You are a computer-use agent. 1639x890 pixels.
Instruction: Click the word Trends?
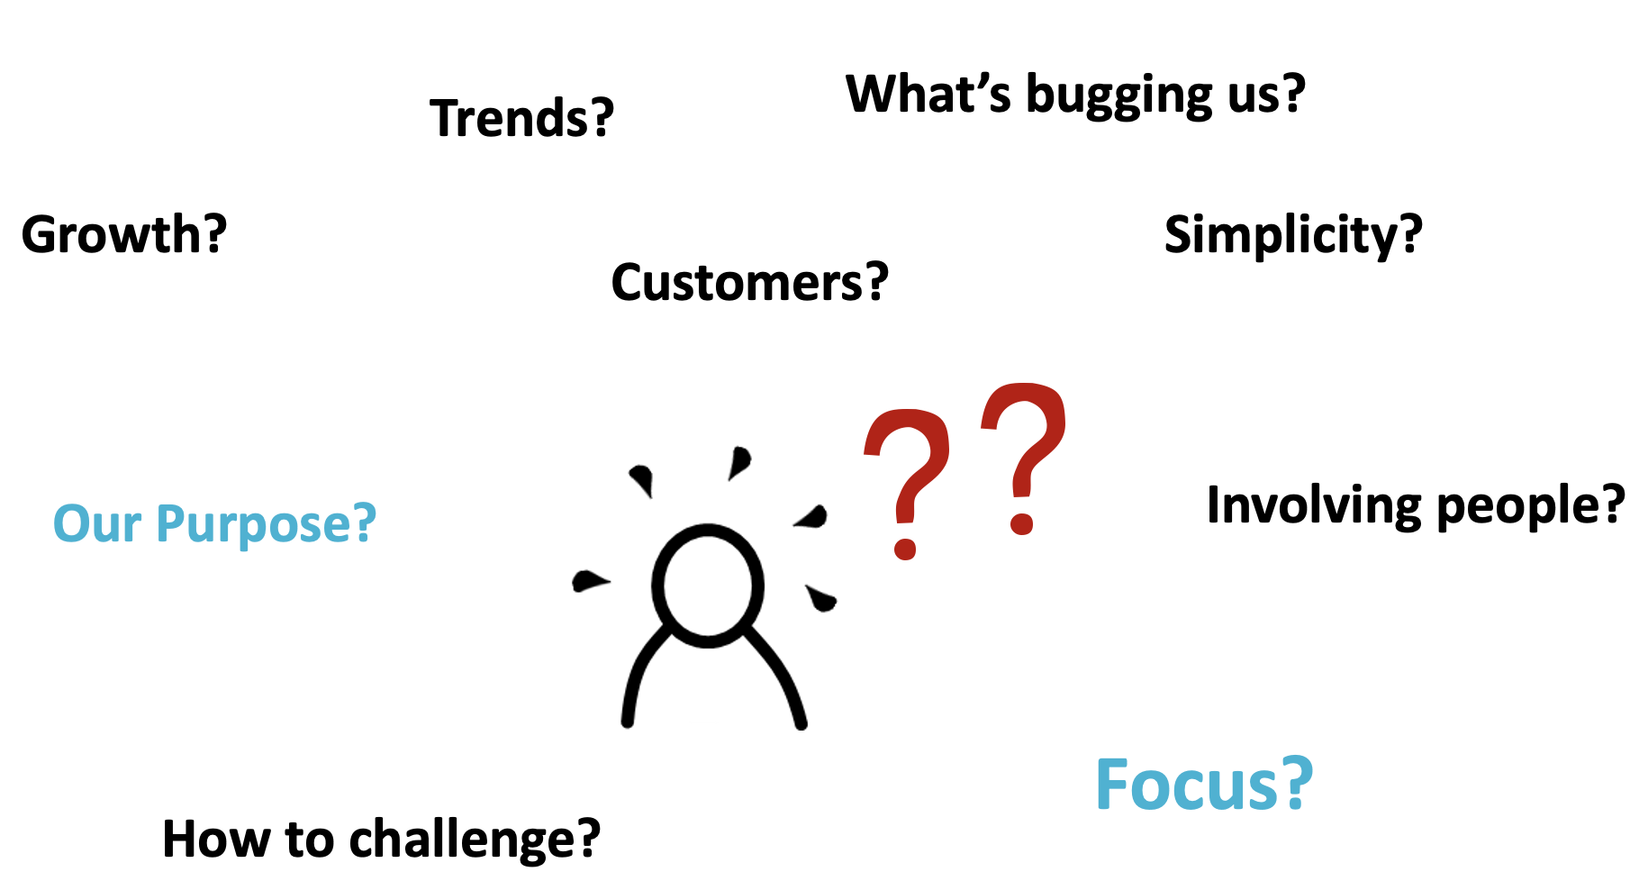(x=522, y=118)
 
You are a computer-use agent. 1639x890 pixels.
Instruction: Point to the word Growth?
(x=124, y=234)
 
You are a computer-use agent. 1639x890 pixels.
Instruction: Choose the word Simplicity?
(x=1293, y=236)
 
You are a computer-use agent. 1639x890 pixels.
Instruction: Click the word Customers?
(x=750, y=283)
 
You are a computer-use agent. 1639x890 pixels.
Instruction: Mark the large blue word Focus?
(x=1204, y=785)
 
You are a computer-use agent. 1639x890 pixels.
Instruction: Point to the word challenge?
(x=475, y=840)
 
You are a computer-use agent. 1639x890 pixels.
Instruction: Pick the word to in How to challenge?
(x=312, y=840)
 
